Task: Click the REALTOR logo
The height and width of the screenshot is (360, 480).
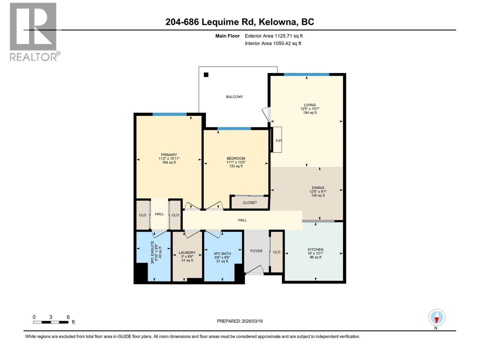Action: [33, 31]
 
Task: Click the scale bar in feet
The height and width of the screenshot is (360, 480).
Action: [51, 322]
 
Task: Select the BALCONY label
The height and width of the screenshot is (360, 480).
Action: [234, 97]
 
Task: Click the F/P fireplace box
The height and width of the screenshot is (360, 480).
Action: [278, 140]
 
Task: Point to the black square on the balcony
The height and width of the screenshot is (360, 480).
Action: [206, 75]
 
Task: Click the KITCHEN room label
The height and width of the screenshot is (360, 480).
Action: [315, 249]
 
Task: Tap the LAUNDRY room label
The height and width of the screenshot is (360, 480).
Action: [187, 253]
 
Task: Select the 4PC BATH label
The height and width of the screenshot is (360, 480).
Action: [222, 253]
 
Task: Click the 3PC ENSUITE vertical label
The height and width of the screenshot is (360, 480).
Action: [153, 252]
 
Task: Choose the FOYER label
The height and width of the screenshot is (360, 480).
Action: [256, 251]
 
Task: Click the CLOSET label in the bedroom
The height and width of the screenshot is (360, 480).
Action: [250, 202]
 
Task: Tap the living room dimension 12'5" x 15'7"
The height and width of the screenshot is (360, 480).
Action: [310, 109]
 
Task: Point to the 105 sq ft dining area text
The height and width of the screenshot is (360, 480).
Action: [318, 196]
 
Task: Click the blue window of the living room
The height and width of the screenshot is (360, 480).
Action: [306, 74]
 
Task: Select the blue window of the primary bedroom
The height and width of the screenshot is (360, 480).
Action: [169, 114]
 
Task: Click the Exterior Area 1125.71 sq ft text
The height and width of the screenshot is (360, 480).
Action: [274, 36]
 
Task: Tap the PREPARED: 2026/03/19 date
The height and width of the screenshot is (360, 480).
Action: [240, 321]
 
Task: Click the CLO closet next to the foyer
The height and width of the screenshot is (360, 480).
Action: [277, 252]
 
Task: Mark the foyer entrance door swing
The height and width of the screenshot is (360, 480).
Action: [255, 270]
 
